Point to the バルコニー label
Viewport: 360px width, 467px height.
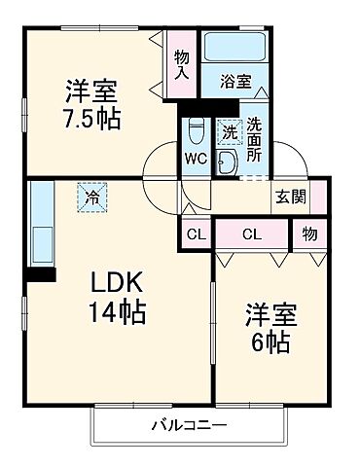[x=189, y=425]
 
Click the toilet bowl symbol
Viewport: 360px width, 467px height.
[x=195, y=130]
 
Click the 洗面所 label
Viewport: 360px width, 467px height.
[x=254, y=138]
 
